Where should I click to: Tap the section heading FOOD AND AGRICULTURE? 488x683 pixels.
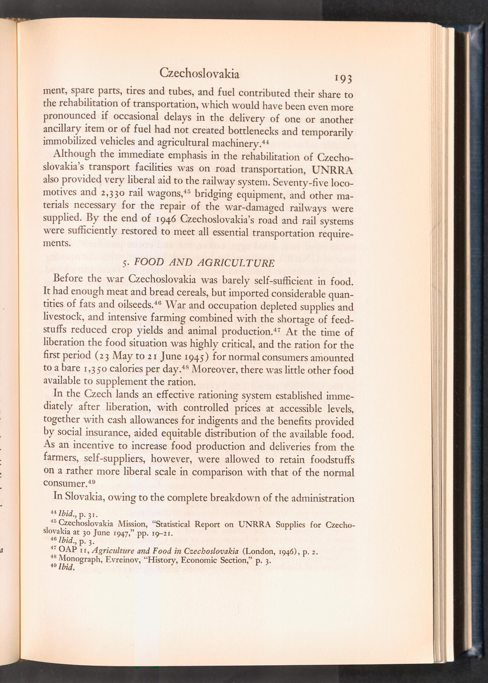pyautogui.click(x=204, y=262)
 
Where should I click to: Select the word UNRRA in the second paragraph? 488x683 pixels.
pyautogui.click(x=332, y=170)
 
